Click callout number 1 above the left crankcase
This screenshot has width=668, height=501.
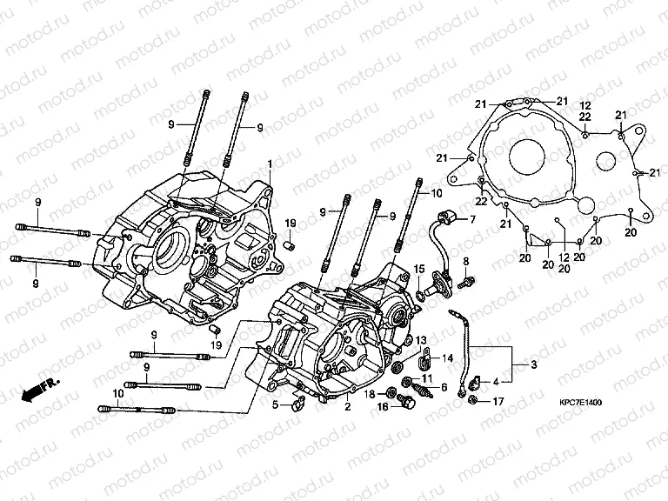pyautogui.click(x=270, y=164)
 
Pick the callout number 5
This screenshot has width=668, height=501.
pyautogui.click(x=275, y=404)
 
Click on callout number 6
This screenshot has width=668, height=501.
pyautogui.click(x=444, y=388)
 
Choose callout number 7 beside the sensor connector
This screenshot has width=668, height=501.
pyautogui.click(x=472, y=220)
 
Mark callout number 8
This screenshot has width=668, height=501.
pyautogui.click(x=465, y=261)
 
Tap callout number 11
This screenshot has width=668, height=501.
pyautogui.click(x=427, y=379)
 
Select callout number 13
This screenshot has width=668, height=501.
pyautogui.click(x=420, y=340)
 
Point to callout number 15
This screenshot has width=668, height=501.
pyautogui.click(x=418, y=269)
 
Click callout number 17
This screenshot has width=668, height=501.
pyautogui.click(x=498, y=402)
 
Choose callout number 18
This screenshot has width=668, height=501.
pyautogui.click(x=370, y=395)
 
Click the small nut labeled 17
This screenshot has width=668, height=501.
pyautogui.click(x=471, y=400)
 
